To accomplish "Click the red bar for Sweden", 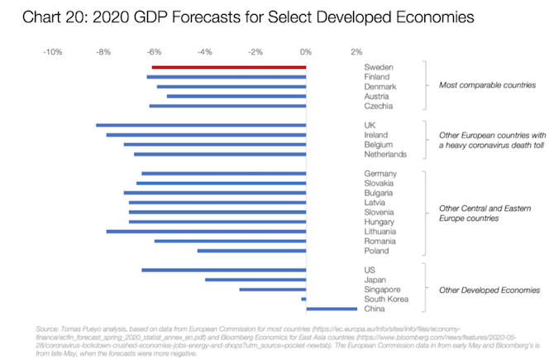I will point(229,67).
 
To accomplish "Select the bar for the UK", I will point(201,125).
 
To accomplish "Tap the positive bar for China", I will point(332,309).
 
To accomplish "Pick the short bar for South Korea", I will point(304,299).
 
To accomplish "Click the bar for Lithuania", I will point(206,232).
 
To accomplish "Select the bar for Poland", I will point(251,251).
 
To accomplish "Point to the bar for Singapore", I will point(273,290).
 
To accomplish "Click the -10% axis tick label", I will point(53,51).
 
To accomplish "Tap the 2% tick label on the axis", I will point(356,51).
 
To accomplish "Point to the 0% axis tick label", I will point(306,51).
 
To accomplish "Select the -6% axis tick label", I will point(153,51).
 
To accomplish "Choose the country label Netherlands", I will point(385,154).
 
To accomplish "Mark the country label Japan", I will point(376,280).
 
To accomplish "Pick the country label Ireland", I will point(377,135).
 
